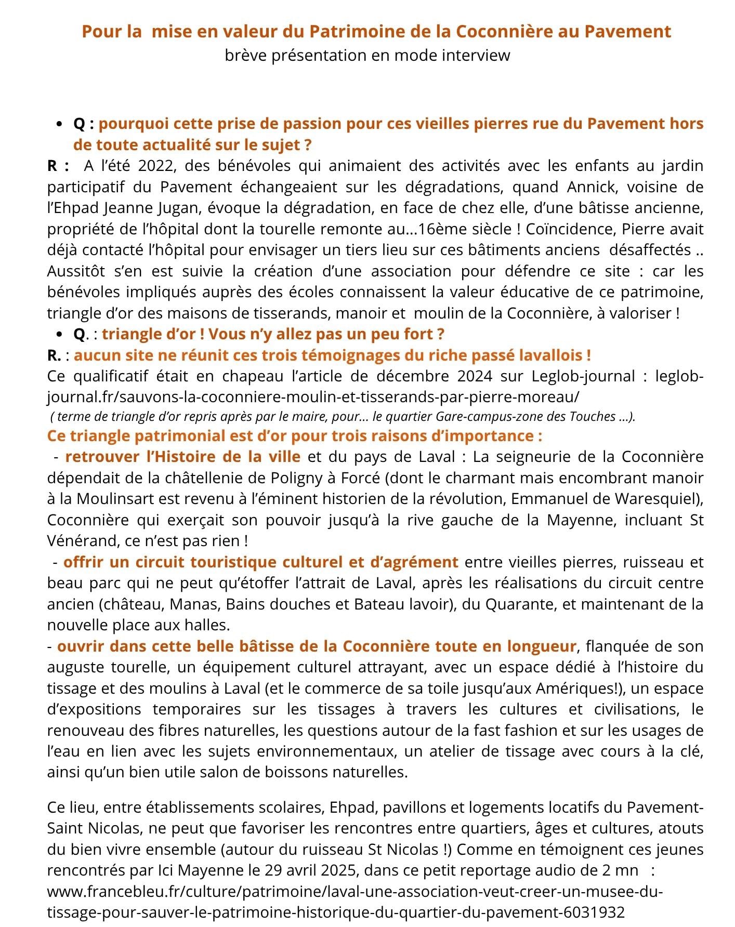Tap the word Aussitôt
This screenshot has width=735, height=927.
[76, 271]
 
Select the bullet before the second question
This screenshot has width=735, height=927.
[61, 334]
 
